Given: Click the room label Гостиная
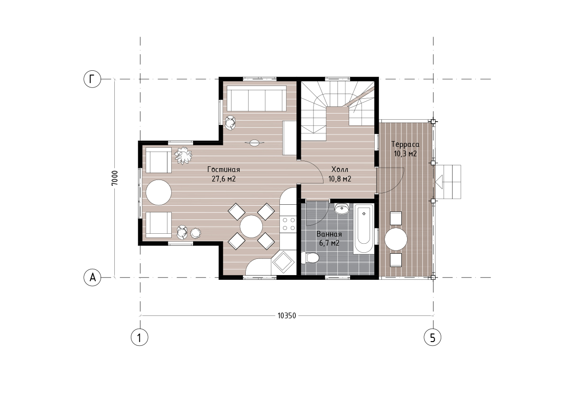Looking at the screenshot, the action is (223, 170).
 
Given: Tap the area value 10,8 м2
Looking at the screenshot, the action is (340, 179).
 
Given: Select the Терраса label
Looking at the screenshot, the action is (406, 144).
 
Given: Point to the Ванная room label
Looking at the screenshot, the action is (329, 234).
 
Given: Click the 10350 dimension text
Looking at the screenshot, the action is (287, 315).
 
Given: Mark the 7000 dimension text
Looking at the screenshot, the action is (115, 178).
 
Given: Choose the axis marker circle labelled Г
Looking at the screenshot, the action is (92, 79).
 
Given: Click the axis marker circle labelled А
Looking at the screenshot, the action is (92, 277).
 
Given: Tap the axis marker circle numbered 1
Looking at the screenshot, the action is (139, 337).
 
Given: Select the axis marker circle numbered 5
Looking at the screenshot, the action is (432, 337).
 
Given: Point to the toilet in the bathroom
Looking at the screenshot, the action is (310, 258).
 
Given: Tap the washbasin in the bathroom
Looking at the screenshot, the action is (341, 208).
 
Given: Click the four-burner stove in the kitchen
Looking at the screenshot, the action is (288, 223).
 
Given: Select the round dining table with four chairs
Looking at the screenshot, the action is (251, 226).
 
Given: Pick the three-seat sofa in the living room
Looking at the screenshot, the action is (257, 98).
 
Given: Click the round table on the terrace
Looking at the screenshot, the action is (396, 239).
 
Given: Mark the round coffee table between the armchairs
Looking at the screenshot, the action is (159, 192).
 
